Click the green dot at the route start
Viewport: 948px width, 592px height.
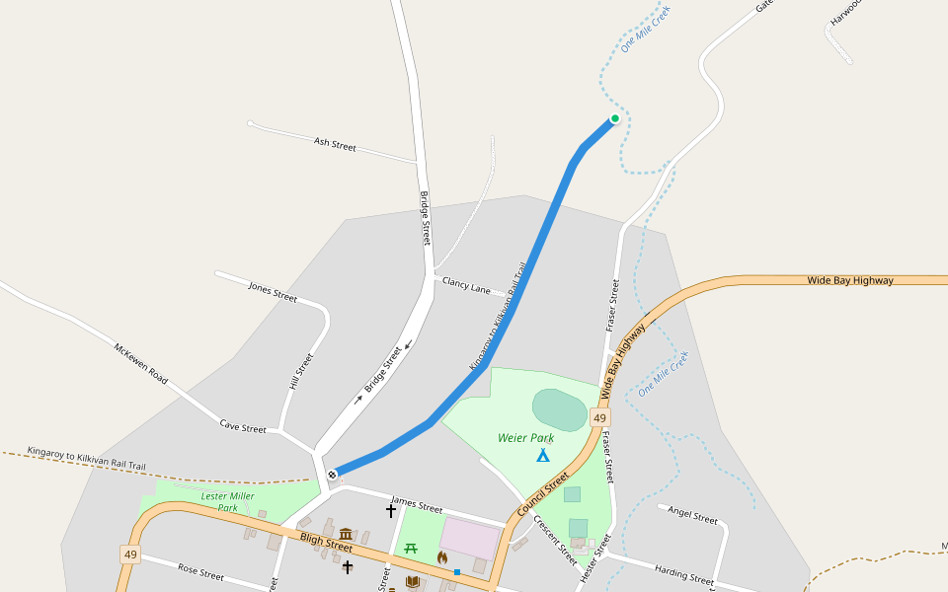[614, 118]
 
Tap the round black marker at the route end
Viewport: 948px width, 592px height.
[333, 475]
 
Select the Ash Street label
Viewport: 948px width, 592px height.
[335, 145]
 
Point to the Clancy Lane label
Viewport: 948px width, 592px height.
[466, 285]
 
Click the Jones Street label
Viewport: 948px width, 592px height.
[273, 293]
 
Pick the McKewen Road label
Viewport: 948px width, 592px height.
[141, 364]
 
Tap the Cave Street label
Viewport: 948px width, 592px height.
[243, 428]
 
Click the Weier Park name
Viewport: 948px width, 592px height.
[525, 438]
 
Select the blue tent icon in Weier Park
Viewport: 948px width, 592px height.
[542, 455]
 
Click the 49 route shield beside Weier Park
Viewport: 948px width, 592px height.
[599, 418]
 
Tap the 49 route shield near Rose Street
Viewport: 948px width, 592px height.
[130, 555]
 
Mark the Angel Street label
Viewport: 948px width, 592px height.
[692, 516]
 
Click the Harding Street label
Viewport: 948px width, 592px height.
[683, 574]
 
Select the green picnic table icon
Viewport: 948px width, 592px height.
[412, 549]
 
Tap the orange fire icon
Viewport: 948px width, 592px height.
[442, 557]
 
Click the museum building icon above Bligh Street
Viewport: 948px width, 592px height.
[346, 534]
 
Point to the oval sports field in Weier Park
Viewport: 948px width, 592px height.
[559, 408]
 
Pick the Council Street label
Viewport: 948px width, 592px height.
[542, 495]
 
